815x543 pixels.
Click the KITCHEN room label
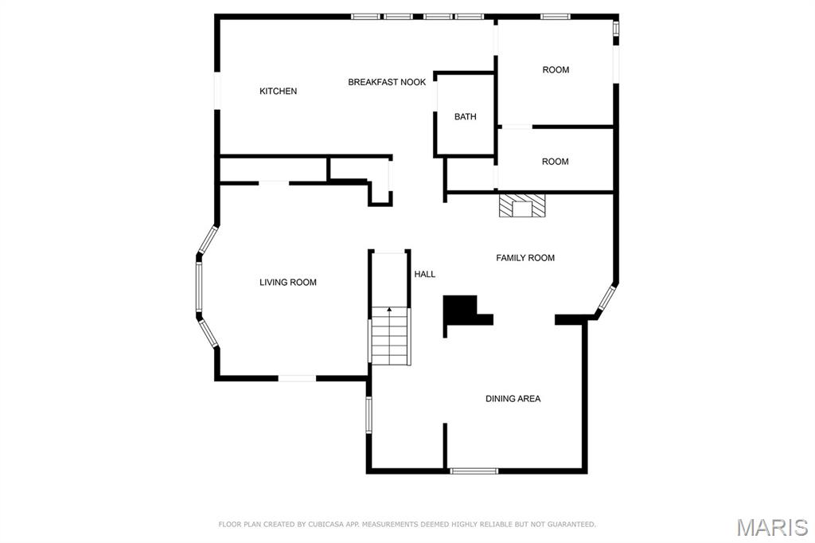click(x=278, y=91)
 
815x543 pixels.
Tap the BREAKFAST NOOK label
click(x=387, y=82)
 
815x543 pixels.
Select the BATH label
click(x=465, y=116)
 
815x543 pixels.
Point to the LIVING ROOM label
click(x=288, y=283)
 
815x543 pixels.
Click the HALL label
click(x=425, y=274)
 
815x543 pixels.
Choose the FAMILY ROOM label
click(x=525, y=257)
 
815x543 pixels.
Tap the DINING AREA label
click(x=513, y=398)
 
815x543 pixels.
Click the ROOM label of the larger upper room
click(x=556, y=70)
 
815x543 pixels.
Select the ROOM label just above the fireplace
click(x=555, y=162)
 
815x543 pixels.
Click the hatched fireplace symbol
click(x=523, y=205)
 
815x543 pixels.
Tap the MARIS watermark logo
click(x=772, y=527)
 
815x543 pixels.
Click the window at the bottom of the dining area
click(x=474, y=471)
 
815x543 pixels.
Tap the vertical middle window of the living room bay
click(x=199, y=286)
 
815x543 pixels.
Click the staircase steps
click(x=390, y=335)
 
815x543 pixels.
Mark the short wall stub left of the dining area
click(x=445, y=446)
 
